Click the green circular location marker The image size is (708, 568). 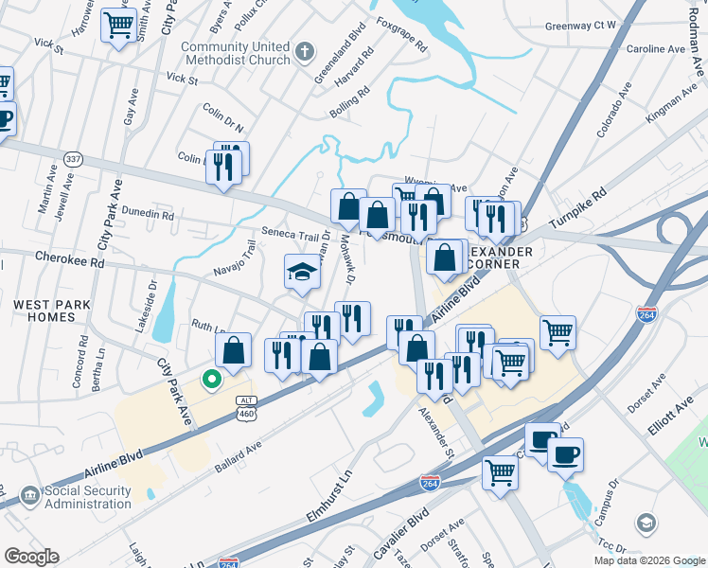click(x=212, y=381)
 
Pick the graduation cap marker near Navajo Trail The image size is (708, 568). click(x=301, y=272)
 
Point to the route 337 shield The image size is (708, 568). click(x=73, y=158)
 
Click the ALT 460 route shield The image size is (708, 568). click(x=245, y=408)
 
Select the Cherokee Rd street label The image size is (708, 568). click(x=69, y=257)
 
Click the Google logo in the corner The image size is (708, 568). click(x=31, y=557)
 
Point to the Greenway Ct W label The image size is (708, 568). click(x=580, y=26)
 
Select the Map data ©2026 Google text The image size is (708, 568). click(x=648, y=559)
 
